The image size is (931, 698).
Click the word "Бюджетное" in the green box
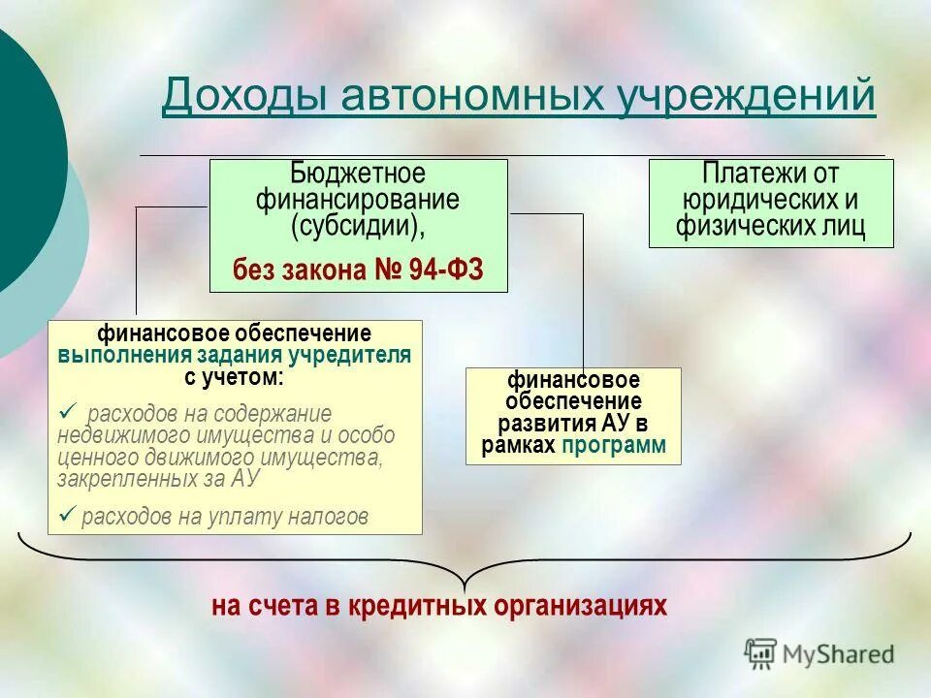(x=358, y=175)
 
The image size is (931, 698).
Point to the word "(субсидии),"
(x=358, y=226)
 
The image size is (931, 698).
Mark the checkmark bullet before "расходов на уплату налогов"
(x=68, y=515)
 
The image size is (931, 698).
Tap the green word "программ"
(x=626, y=445)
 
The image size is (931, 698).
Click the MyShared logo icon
(x=761, y=653)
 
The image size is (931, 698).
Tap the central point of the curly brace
(x=465, y=582)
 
